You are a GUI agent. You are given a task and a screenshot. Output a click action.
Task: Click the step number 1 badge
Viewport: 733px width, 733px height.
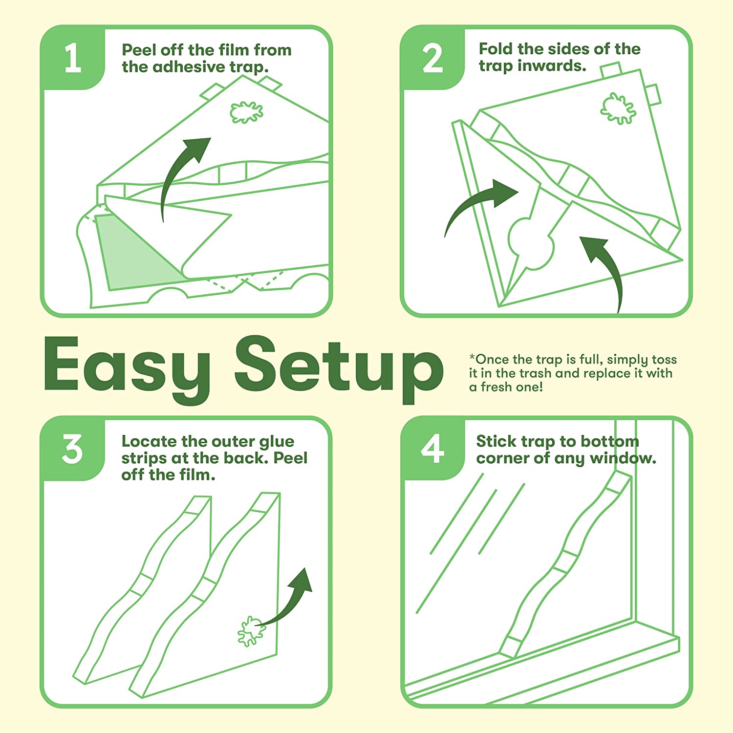pyautogui.click(x=73, y=58)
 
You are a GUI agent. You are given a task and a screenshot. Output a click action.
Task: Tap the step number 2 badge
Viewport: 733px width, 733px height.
pyautogui.click(x=432, y=58)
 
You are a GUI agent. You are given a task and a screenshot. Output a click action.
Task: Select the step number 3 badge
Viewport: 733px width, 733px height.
pyautogui.click(x=73, y=449)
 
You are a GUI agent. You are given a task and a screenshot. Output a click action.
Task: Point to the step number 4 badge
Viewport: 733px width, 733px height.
pyautogui.click(x=432, y=449)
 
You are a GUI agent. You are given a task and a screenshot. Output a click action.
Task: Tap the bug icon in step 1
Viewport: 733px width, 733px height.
pyautogui.click(x=246, y=112)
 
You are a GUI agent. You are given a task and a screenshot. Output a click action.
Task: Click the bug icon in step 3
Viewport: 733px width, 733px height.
pyautogui.click(x=251, y=631)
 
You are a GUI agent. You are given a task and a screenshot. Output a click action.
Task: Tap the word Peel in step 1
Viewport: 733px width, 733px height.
pyautogui.click(x=139, y=50)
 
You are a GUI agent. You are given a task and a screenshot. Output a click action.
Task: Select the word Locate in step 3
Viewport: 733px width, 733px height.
pyautogui.click(x=149, y=441)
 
